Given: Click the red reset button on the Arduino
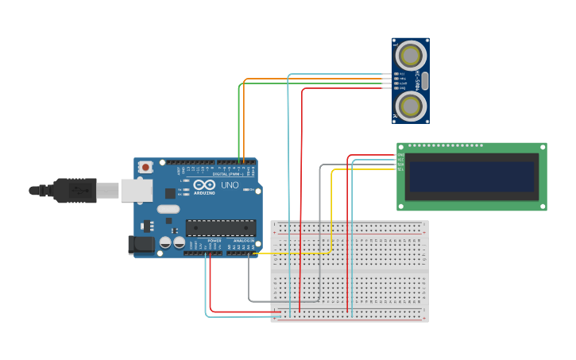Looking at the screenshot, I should (145, 167).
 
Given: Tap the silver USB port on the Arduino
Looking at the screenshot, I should (136, 190).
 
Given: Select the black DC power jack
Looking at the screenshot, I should (141, 245).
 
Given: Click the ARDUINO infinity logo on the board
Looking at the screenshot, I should (203, 185).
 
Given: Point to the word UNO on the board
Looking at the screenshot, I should (230, 185).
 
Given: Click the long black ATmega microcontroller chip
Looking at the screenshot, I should (220, 227).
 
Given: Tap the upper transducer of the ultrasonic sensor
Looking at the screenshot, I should (411, 56).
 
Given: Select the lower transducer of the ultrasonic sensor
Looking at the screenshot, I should (411, 106).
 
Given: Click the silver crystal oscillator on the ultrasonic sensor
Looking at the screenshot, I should (425, 80).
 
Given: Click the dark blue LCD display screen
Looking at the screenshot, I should (471, 176).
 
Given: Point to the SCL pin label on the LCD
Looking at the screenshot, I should (400, 169).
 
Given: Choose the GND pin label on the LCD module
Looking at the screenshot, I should (400, 155).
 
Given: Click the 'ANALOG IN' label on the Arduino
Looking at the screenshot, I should (243, 240).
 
